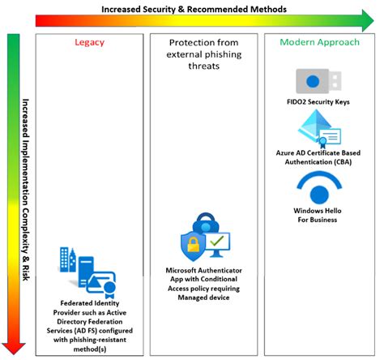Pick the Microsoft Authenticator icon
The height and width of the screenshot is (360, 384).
click(x=204, y=236)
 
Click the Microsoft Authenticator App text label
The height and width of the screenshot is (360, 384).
click(x=203, y=268)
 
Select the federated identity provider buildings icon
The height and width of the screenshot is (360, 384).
click(x=87, y=267)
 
